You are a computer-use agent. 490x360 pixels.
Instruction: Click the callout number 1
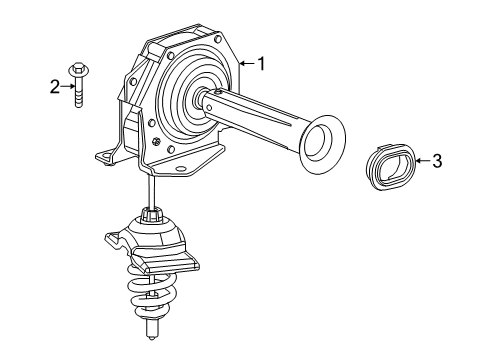[x=261, y=64]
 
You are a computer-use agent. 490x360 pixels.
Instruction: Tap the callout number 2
[x=56, y=86]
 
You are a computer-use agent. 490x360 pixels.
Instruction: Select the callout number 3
[x=437, y=161]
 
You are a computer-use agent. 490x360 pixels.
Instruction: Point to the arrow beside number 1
[x=247, y=64]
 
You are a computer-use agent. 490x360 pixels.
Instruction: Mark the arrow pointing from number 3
[x=421, y=161]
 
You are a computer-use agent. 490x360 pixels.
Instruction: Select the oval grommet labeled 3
[x=388, y=165]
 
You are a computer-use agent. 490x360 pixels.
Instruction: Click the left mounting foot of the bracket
[x=102, y=156]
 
